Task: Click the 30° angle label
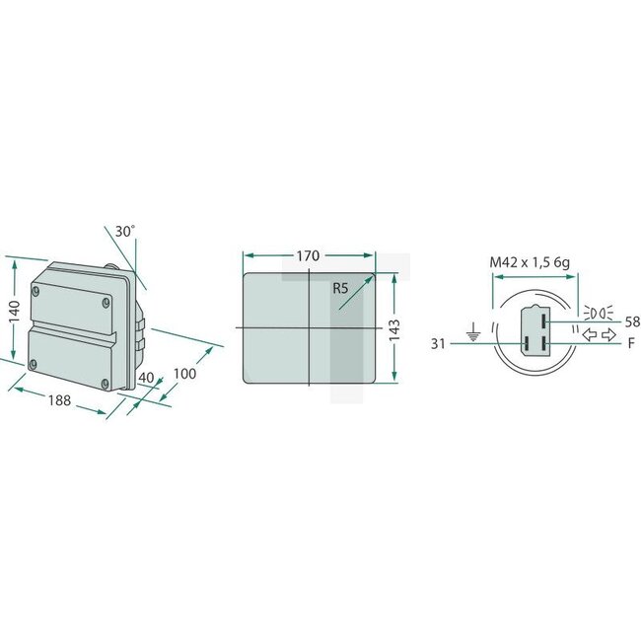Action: (124, 231)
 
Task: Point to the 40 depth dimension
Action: (146, 378)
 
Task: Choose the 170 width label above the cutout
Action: (308, 256)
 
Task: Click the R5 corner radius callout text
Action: (341, 288)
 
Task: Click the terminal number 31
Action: (439, 343)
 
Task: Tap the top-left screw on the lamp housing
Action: (37, 291)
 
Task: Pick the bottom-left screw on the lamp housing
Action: (35, 365)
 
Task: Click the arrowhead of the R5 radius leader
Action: (374, 276)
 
